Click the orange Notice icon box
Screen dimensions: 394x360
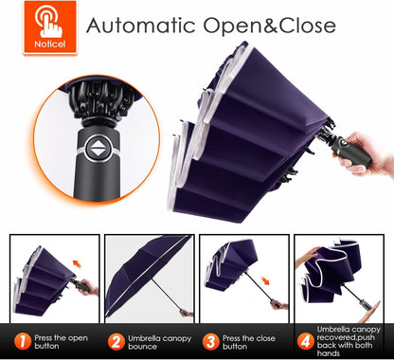click(x=50, y=27)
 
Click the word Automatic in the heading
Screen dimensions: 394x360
click(x=140, y=26)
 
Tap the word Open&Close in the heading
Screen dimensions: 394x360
click(x=269, y=26)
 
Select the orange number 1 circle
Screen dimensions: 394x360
click(x=23, y=342)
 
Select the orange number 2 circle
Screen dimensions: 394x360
click(x=116, y=342)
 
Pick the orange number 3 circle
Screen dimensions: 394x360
click(x=210, y=342)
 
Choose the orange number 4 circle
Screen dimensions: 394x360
click(x=305, y=342)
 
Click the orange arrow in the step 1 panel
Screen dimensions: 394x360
click(x=77, y=263)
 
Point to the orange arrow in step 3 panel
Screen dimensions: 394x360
click(x=265, y=280)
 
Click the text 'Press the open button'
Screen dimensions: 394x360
click(x=61, y=342)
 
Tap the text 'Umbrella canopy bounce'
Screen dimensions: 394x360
click(x=159, y=342)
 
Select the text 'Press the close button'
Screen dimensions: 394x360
click(x=248, y=342)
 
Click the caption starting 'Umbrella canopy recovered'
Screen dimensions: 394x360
click(x=349, y=341)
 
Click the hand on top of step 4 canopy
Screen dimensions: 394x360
click(x=306, y=257)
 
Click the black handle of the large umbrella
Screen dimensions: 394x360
click(x=350, y=153)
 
